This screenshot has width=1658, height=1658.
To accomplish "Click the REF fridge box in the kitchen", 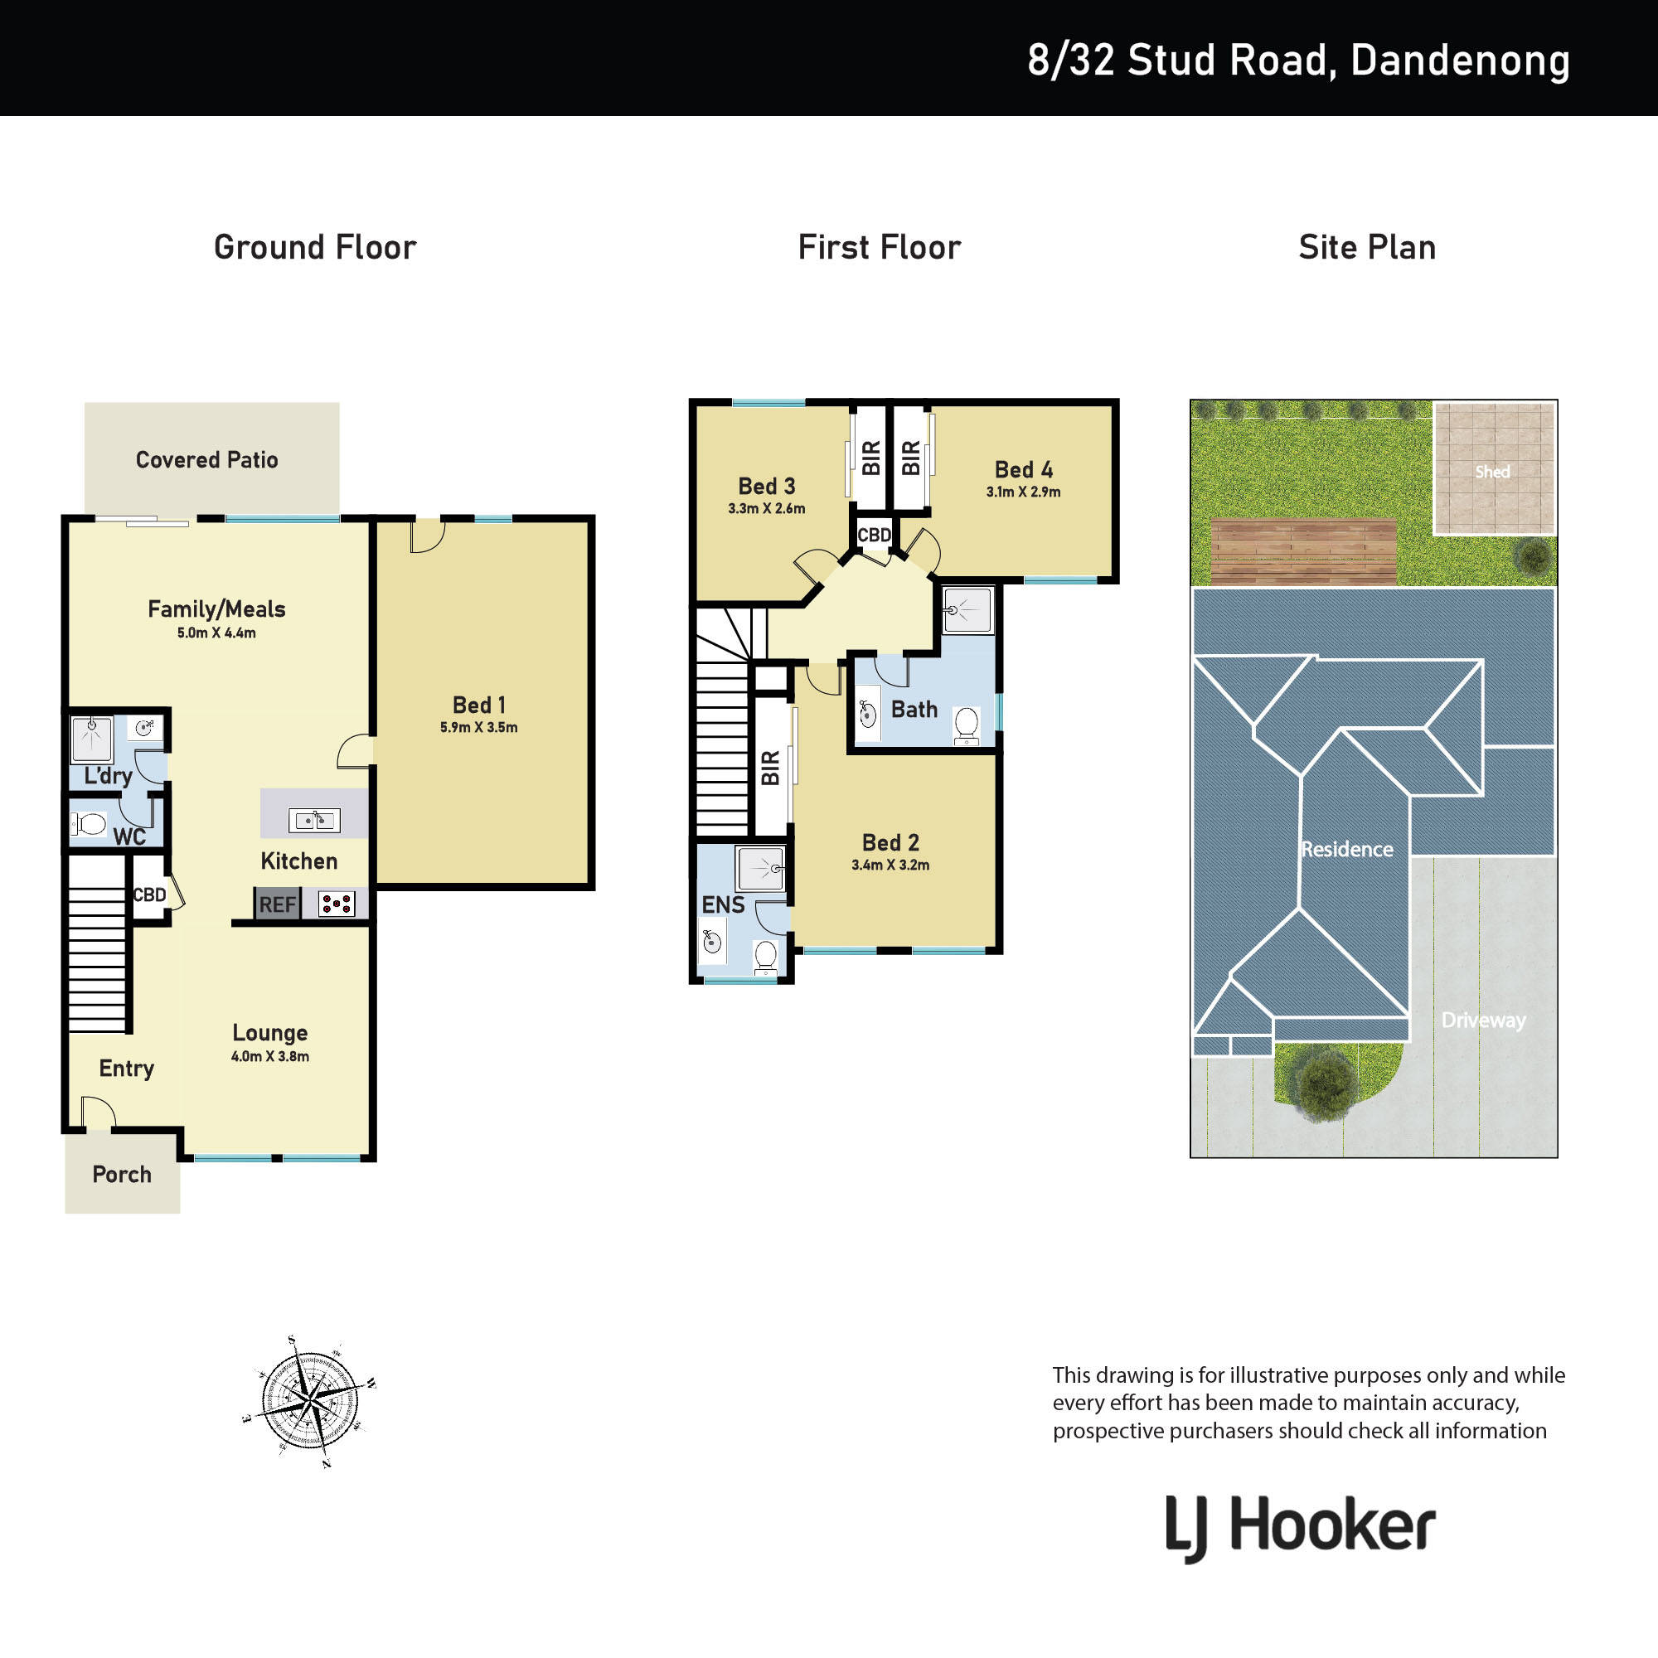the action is coord(278,904).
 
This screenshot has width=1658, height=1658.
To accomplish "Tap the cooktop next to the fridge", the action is coord(337,904).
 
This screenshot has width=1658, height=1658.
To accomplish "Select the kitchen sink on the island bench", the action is coord(314,821).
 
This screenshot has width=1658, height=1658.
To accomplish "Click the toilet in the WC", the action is coord(89,825).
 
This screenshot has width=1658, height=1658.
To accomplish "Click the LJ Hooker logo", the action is coord(1300,1528).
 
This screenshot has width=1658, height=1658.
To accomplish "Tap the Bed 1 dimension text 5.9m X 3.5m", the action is coord(479,728).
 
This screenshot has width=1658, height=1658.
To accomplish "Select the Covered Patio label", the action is coord(206,460).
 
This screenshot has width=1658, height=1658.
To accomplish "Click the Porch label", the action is coord(122,1174).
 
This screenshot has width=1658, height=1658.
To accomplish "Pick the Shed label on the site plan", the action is coord(1492,472).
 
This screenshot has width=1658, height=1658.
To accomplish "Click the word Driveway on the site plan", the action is coord(1484,1020).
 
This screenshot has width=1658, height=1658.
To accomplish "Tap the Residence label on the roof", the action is coord(1346,850).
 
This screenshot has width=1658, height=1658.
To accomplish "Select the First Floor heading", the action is coord(880,247).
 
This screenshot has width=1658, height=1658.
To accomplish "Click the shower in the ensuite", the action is coord(760,869).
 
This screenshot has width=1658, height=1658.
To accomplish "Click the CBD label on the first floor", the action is coord(875,536).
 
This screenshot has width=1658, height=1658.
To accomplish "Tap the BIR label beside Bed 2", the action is coord(771,768).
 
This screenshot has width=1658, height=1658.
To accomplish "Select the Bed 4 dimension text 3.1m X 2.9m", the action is coord(1023,492).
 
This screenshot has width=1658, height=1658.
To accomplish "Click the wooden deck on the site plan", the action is coord(1303,552).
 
